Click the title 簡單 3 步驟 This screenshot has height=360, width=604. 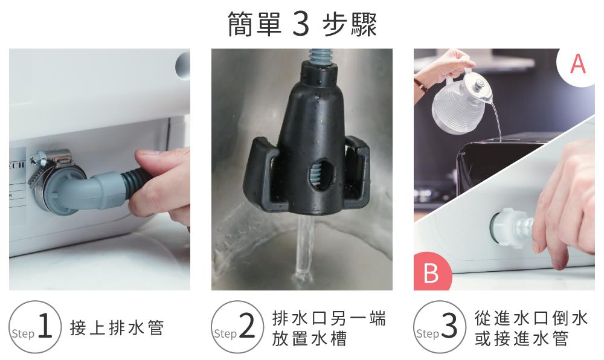(x=302, y=24)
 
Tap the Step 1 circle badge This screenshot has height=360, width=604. (x=35, y=327)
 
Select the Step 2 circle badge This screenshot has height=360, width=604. (x=237, y=327)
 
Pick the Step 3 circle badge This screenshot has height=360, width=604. (x=440, y=327)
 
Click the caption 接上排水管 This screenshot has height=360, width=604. (x=117, y=327)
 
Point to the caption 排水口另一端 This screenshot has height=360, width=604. (x=329, y=318)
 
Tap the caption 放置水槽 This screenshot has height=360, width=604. (x=310, y=338)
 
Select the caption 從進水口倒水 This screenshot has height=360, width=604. (x=531, y=318)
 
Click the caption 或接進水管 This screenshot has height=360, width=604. (x=522, y=338)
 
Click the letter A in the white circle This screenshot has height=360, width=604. (x=578, y=64)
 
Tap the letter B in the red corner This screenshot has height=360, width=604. (x=431, y=272)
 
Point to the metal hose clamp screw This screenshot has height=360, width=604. (x=38, y=156)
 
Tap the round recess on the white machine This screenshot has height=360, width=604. (x=183, y=65)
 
